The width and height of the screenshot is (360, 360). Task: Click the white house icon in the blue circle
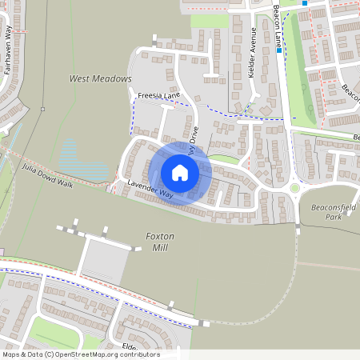point(180,172)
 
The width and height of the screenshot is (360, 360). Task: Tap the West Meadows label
point(100,79)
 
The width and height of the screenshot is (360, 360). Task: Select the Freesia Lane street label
point(158,97)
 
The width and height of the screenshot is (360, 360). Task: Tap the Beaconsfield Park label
point(330,212)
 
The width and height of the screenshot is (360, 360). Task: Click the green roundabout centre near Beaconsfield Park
point(294,188)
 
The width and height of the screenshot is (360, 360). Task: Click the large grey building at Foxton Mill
point(105,259)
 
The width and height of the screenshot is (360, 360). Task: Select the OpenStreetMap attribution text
point(80,354)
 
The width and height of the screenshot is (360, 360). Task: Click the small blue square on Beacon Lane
point(304,3)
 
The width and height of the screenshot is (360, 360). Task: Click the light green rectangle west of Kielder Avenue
point(209,20)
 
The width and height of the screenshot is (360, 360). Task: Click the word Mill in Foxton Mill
point(161,247)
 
